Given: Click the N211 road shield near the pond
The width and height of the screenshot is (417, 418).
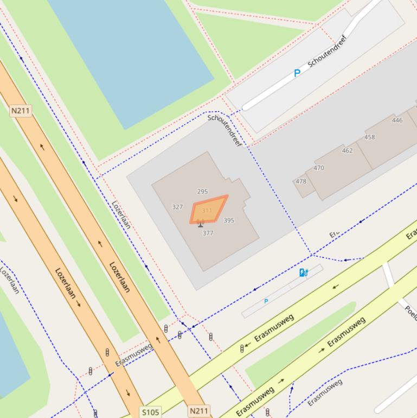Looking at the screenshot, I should pyautogui.click(x=21, y=111).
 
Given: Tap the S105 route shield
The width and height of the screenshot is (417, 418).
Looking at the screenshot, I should pyautogui.click(x=150, y=412).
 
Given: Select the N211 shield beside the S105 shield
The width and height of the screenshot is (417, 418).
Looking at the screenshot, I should pyautogui.click(x=198, y=411).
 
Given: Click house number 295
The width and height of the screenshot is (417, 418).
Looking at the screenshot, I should pyautogui.click(x=202, y=192).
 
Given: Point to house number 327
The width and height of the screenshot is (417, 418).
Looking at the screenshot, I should pyautogui.click(x=177, y=207).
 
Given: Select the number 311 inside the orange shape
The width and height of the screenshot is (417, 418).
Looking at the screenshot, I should pyautogui.click(x=207, y=210).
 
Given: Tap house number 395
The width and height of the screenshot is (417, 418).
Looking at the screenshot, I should pyautogui.click(x=229, y=220).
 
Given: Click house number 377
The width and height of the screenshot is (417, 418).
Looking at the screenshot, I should pyautogui.click(x=208, y=233).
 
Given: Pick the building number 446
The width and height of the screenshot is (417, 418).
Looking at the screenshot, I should pyautogui.click(x=397, y=121).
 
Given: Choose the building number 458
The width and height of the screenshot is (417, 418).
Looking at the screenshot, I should pyautogui.click(x=369, y=137).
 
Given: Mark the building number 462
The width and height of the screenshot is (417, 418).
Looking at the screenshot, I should pyautogui.click(x=347, y=151).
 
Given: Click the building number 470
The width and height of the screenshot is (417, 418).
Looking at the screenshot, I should pyautogui.click(x=319, y=168).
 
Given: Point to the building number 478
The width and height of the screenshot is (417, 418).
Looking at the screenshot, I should pyautogui.click(x=301, y=181).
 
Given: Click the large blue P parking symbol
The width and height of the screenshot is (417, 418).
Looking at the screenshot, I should pyautogui.click(x=297, y=73).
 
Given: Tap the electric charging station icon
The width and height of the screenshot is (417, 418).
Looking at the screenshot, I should pyautogui.click(x=304, y=273).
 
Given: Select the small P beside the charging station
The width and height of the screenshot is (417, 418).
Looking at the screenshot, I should pyautogui.click(x=266, y=301).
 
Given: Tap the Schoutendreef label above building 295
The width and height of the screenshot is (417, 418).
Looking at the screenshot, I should pyautogui.click(x=225, y=131).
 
